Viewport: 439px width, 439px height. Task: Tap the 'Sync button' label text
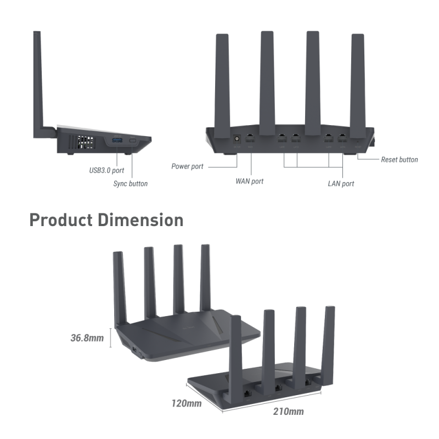(x=130, y=184)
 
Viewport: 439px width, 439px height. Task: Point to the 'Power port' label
(x=188, y=166)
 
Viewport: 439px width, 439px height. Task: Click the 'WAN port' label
(x=250, y=181)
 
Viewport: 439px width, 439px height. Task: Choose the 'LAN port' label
(x=341, y=184)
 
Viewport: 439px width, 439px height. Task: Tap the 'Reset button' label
(x=399, y=160)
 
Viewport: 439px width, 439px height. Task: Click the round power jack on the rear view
(x=238, y=139)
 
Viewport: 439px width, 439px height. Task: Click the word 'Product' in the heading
(x=61, y=220)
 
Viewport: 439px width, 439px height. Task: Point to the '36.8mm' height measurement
(x=87, y=338)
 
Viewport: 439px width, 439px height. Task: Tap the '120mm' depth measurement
(x=187, y=403)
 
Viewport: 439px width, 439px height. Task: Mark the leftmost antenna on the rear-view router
(x=222, y=82)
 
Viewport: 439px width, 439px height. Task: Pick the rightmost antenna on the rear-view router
(x=357, y=82)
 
